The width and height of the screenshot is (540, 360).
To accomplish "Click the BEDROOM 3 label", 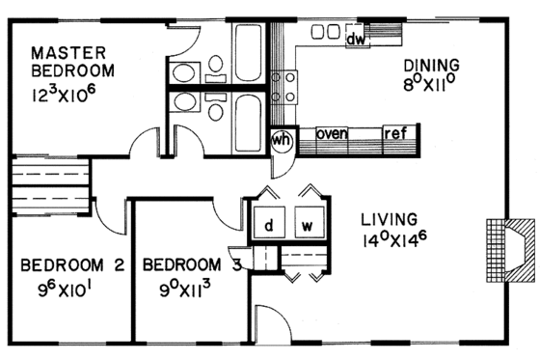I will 190,263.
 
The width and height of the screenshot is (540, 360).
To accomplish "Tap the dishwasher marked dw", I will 355,39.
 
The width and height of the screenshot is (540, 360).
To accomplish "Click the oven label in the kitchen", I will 332,133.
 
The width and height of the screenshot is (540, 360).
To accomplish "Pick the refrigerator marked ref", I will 395,133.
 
